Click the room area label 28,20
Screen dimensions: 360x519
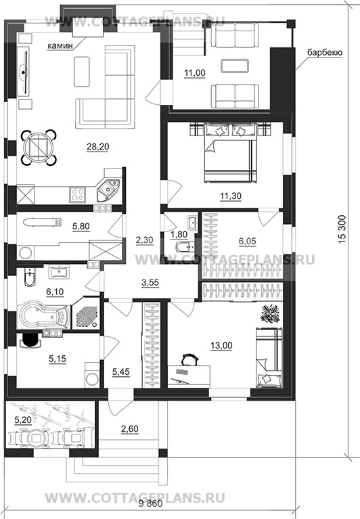[98, 146]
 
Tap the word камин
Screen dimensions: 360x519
[60, 46]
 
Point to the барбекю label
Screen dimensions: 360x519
[325, 53]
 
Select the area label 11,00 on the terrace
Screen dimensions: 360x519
[195, 73]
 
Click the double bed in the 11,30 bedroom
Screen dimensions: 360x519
[231, 152]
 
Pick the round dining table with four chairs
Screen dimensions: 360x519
[39, 148]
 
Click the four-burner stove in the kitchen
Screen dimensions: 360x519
[78, 195]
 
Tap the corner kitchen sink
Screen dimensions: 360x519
[108, 189]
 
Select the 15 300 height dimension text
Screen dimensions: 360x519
[342, 229]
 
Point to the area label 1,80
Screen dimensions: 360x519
[179, 234]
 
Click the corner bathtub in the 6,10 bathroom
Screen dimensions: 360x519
[43, 315]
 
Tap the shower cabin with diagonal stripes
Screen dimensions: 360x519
[85, 314]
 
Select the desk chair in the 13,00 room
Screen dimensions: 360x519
[190, 360]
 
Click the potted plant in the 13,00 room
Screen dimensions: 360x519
[271, 313]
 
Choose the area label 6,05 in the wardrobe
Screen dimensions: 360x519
[248, 241]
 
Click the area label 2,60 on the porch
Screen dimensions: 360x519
[130, 429]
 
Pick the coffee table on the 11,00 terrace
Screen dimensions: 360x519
[235, 66]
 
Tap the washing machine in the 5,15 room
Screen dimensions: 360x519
[92, 375]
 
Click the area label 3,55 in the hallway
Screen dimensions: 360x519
[150, 283]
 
